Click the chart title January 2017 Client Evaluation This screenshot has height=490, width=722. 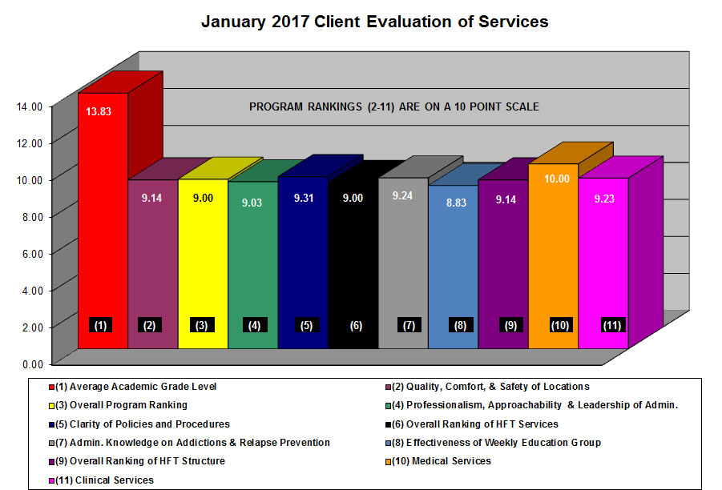tap(374, 22)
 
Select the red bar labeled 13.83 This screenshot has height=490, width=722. tap(103, 224)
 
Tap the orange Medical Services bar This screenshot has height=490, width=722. tap(552, 256)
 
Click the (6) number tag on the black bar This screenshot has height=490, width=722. tap(356, 326)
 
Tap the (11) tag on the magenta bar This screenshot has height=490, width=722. tap(612, 325)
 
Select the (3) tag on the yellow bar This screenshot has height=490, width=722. tap(201, 325)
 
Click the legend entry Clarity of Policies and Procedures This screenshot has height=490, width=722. tap(143, 424)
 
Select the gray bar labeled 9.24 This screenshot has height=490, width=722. tap(402, 264)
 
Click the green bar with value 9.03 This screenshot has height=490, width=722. tap(252, 264)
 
